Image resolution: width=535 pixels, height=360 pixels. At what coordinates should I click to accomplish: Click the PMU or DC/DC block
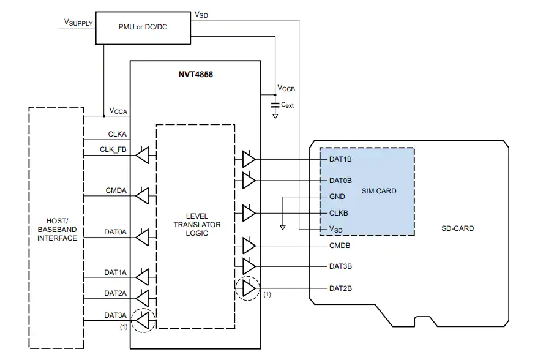[x=143, y=28]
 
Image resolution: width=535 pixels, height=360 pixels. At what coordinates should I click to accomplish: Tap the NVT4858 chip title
[x=195, y=75]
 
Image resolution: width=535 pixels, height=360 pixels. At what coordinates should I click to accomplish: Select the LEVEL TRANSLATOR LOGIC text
[x=197, y=225]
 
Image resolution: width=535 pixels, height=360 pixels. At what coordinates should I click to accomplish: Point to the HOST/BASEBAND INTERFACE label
[x=57, y=230]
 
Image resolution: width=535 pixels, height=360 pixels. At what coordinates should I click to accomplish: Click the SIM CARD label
[x=379, y=191]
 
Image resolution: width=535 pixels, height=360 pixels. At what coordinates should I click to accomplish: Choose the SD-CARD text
[x=457, y=228]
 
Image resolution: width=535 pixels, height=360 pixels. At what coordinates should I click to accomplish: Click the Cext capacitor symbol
[x=275, y=105]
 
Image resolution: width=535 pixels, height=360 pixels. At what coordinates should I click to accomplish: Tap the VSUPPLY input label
[x=78, y=23]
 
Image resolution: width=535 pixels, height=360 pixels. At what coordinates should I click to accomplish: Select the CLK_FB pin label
[x=113, y=149]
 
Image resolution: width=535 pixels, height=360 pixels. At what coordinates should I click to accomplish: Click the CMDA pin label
[x=116, y=190]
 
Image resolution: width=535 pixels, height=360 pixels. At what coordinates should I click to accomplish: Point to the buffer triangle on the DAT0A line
[x=142, y=237]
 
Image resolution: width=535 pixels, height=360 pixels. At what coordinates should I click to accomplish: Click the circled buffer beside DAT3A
[x=143, y=320]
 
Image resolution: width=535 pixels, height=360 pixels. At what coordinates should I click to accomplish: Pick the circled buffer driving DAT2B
[x=248, y=288]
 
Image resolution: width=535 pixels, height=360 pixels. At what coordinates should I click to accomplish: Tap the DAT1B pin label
[x=340, y=159]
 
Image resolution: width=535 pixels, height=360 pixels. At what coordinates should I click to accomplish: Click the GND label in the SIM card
[x=337, y=197]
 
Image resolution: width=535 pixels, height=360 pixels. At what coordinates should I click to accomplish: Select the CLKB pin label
[x=339, y=213]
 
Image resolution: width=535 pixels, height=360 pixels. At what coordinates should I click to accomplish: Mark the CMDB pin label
[x=340, y=246]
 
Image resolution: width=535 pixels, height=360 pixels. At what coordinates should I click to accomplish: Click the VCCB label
[x=286, y=88]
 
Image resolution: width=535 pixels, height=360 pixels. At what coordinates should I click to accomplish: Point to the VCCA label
[x=118, y=111]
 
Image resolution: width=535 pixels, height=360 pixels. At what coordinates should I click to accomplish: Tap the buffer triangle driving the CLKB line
[x=249, y=213]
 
